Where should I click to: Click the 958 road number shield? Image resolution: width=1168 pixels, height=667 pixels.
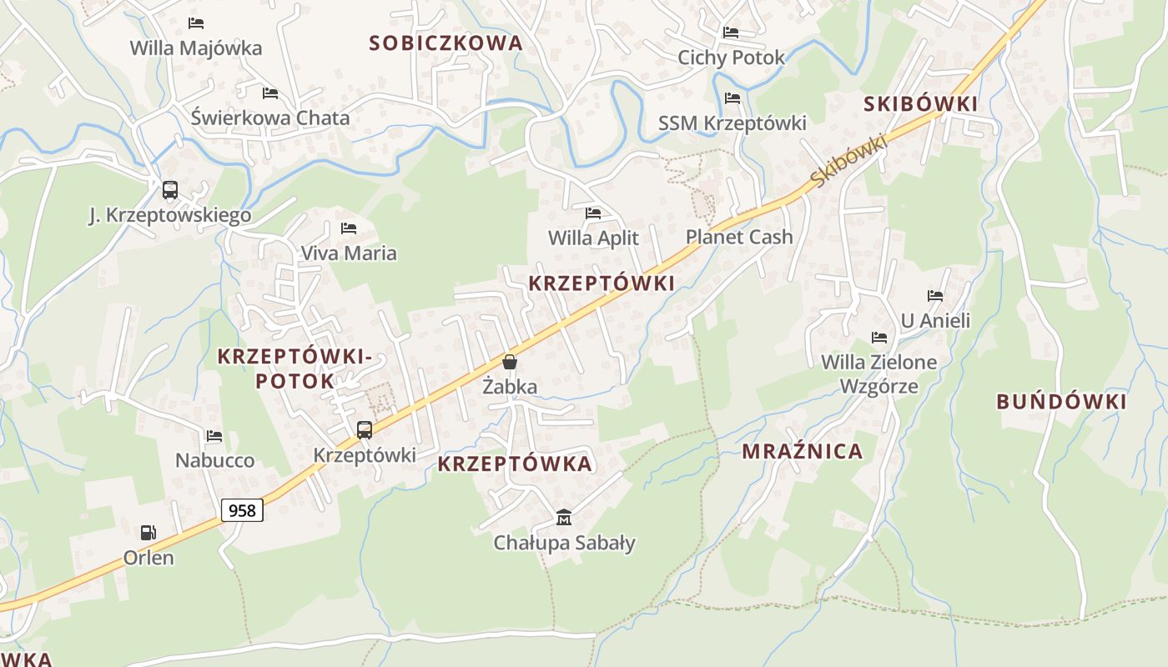pos(242,509)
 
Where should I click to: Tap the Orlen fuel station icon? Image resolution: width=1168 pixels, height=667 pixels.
pos(148,532)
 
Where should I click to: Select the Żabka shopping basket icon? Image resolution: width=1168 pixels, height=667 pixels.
pos(509,362)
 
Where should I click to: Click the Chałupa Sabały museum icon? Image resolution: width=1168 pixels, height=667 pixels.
pos(564,518)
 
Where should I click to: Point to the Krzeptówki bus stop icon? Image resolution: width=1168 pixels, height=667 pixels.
pos(365,430)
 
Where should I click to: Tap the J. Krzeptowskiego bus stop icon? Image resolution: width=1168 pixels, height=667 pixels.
pos(170,190)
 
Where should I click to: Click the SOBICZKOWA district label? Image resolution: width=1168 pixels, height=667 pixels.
pos(446,43)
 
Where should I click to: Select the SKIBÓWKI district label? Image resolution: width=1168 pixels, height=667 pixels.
pos(920,104)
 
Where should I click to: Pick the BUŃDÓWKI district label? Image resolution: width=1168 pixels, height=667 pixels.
pos(1061,402)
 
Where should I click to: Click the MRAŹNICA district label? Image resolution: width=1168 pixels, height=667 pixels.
pos(802,452)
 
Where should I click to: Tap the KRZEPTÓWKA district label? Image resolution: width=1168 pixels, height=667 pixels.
pos(515,464)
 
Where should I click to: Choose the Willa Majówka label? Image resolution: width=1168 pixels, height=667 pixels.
pos(196,48)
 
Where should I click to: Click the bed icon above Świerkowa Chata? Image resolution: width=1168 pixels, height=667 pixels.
pos(270,93)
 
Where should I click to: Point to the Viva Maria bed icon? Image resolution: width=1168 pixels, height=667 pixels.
pos(349,228)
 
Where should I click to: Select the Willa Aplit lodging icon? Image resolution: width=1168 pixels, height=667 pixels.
pos(593,213)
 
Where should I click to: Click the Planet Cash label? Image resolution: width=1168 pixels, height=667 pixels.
pos(739,237)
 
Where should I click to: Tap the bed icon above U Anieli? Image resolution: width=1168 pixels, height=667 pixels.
pos(935,295)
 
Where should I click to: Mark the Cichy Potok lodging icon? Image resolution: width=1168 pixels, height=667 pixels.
pos(731,33)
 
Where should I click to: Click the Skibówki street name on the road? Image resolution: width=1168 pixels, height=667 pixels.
pos(848,161)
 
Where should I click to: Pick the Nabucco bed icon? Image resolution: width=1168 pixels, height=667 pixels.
pos(214,435)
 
